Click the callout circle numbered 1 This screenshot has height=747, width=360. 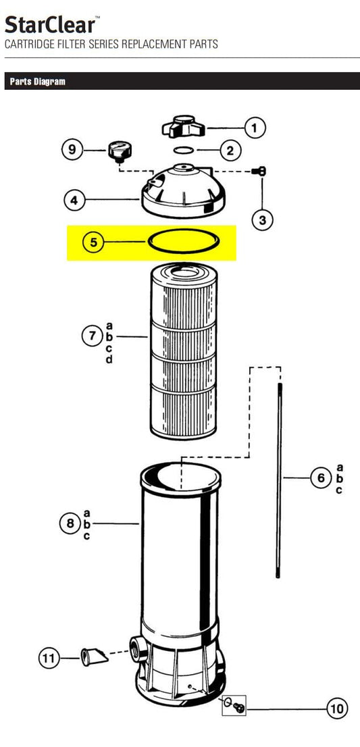click(x=255, y=128)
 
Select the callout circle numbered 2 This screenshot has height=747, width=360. click(x=230, y=151)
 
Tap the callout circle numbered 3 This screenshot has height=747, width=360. click(x=262, y=220)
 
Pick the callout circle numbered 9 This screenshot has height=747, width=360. click(x=72, y=149)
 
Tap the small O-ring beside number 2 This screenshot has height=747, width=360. click(x=183, y=151)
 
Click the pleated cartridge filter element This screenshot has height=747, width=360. click(x=183, y=352)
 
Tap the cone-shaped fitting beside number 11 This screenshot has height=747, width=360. click(x=95, y=658)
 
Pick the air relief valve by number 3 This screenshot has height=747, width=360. click(x=261, y=171)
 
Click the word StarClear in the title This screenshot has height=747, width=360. click(x=50, y=25)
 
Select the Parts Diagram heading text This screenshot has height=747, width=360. click(x=38, y=82)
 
